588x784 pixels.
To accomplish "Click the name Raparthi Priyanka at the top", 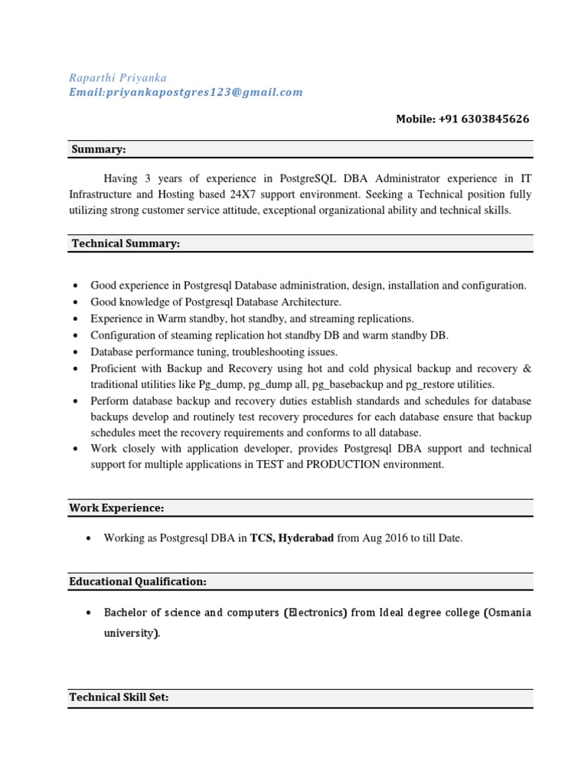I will [118, 77].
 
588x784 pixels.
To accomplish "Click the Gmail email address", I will [186, 92].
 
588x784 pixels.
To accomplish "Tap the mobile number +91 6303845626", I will [462, 119].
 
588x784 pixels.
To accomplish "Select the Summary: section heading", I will [99, 149].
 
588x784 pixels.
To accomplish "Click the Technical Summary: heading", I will [126, 243].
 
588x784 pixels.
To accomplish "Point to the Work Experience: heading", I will [116, 508].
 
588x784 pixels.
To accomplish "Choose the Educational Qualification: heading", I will [138, 582].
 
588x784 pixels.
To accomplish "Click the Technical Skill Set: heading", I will [119, 697].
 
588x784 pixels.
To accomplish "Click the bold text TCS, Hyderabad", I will [292, 538].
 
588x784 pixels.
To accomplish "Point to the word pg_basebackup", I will [354, 384].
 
